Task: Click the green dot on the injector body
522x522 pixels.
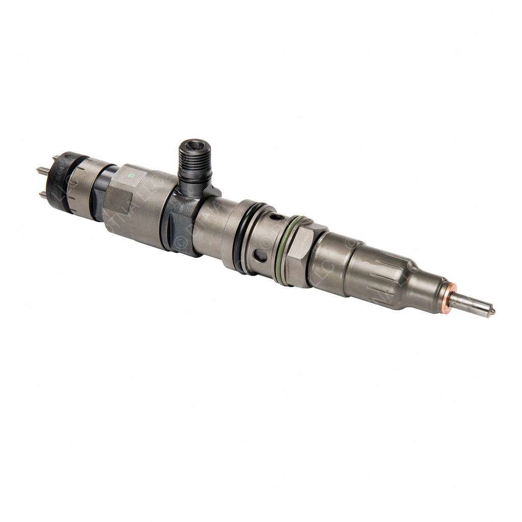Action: [x=132, y=176]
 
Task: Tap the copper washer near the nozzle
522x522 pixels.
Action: [x=449, y=298]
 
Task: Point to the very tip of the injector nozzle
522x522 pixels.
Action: [x=492, y=310]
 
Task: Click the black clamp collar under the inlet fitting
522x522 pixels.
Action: [x=181, y=224]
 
